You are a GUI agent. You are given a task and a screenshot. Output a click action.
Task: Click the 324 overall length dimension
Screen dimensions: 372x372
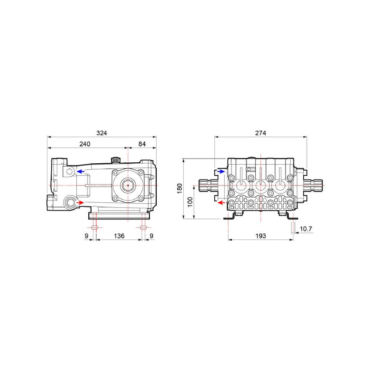[101, 133]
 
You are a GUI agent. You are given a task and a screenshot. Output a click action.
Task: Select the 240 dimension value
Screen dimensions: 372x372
[85, 144]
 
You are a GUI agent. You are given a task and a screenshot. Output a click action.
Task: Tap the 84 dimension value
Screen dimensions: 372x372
[142, 144]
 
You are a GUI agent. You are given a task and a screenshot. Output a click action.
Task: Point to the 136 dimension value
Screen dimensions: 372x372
[119, 236]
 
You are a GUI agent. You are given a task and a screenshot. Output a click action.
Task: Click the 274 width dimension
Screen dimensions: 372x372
[260, 133]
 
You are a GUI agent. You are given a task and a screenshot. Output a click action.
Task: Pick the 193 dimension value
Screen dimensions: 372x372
[260, 236]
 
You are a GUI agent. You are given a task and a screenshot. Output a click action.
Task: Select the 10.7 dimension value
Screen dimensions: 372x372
[306, 229]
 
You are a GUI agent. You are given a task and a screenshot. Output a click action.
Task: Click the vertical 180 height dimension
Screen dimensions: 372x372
[179, 188]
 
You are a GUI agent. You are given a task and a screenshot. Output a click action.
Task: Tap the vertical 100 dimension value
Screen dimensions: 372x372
[190, 202]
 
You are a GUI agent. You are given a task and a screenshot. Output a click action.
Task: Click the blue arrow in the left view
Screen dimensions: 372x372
[80, 171]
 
